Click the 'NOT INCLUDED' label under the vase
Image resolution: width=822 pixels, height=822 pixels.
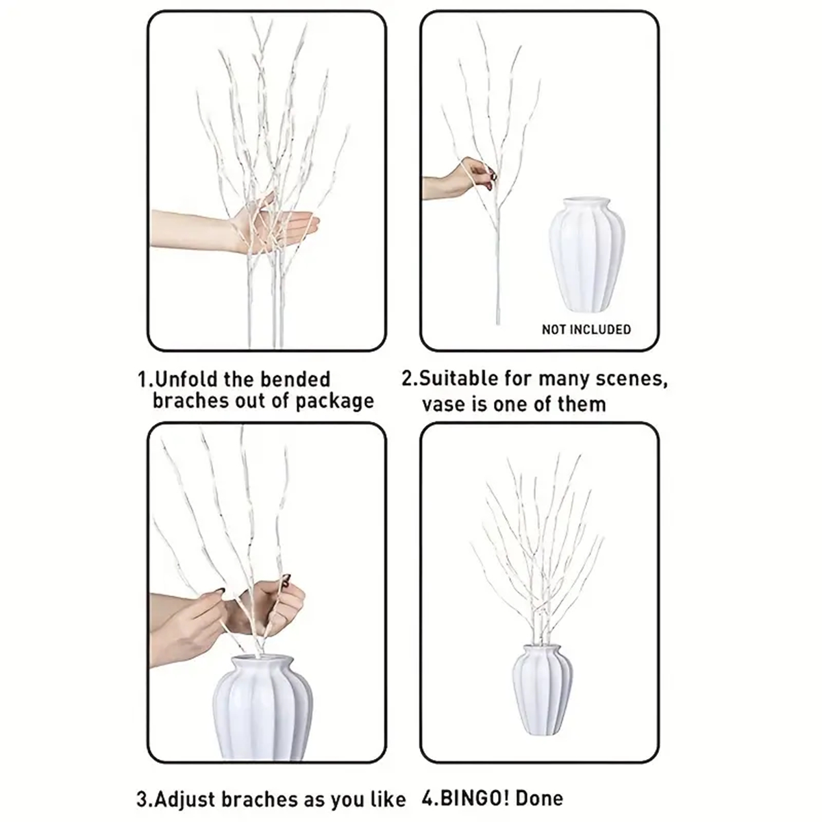click(x=586, y=330)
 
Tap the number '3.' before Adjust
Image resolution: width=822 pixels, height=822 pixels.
click(x=143, y=799)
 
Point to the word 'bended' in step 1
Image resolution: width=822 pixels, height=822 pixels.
click(x=295, y=379)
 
